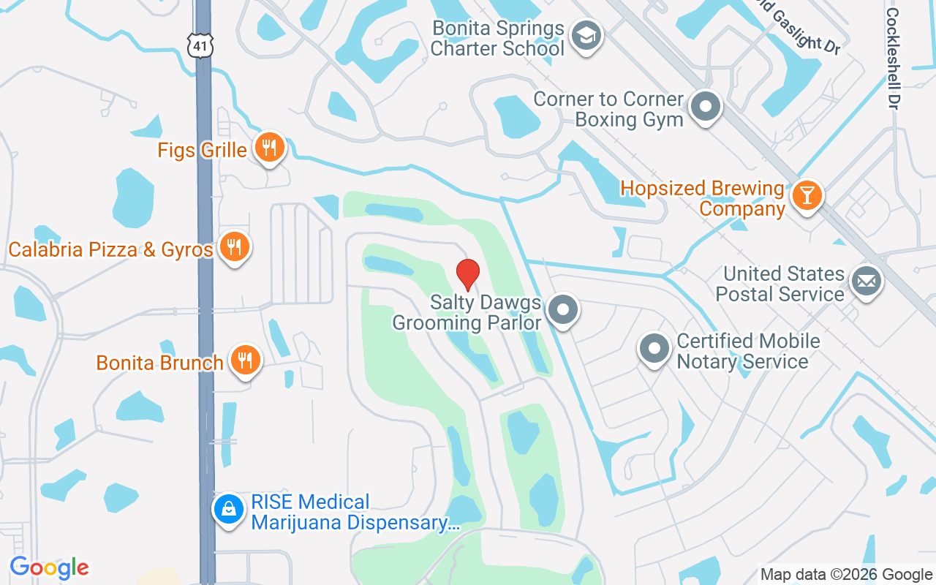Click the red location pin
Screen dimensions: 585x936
coord(467,274)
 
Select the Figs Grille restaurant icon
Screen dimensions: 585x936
coord(270,148)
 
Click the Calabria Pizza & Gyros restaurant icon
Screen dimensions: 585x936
coord(234,247)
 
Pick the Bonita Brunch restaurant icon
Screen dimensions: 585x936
coord(246,361)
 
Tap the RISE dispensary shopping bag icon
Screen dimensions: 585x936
coord(229,509)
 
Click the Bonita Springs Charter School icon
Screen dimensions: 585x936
coord(586,35)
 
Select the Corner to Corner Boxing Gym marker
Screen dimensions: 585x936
coord(706,107)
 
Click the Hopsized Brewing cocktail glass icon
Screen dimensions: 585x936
coord(807,195)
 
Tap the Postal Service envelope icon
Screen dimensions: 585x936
coord(867,281)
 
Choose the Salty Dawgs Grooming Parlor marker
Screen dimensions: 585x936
coord(562,310)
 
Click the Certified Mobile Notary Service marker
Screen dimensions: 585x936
coord(654,349)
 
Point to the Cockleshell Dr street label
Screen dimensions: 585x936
coord(892,58)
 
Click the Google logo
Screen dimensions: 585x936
coord(49,567)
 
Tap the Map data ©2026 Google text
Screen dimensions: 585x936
coord(846,575)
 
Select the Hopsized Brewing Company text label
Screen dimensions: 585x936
coord(702,199)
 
